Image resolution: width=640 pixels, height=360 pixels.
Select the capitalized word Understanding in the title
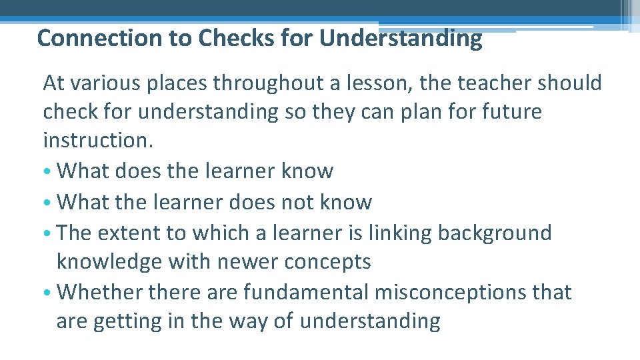[400, 39]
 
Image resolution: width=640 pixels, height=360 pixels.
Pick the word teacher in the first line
[471, 83]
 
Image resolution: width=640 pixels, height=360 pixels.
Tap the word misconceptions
[465, 292]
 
